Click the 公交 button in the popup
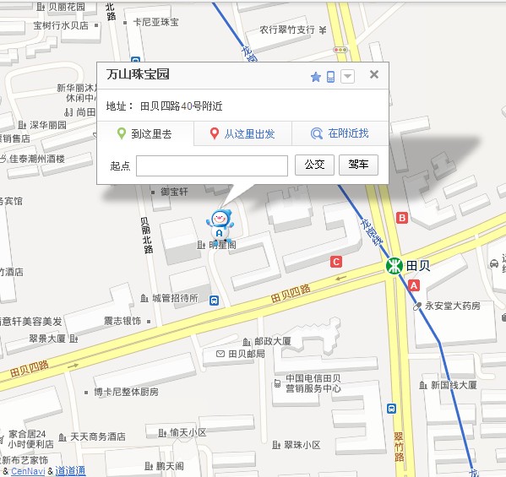pyautogui.click(x=314, y=165)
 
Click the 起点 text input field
pyautogui.click(x=211, y=165)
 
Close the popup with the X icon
pyautogui.click(x=374, y=74)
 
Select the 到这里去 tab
pyautogui.click(x=144, y=133)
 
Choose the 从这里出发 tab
pyautogui.click(x=242, y=133)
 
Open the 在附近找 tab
pyautogui.click(x=340, y=133)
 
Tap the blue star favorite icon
pyautogui.click(x=316, y=77)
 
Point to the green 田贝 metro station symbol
pyautogui.click(x=394, y=266)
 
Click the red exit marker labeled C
pyautogui.click(x=336, y=261)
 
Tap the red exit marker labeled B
pyautogui.click(x=402, y=218)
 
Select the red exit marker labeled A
pyautogui.click(x=414, y=286)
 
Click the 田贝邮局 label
pyautogui.click(x=246, y=354)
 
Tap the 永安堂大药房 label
pyautogui.click(x=452, y=306)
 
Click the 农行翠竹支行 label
pyautogui.click(x=286, y=30)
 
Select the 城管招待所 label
pyautogui.click(x=174, y=298)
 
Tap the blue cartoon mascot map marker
pyautogui.click(x=220, y=225)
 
